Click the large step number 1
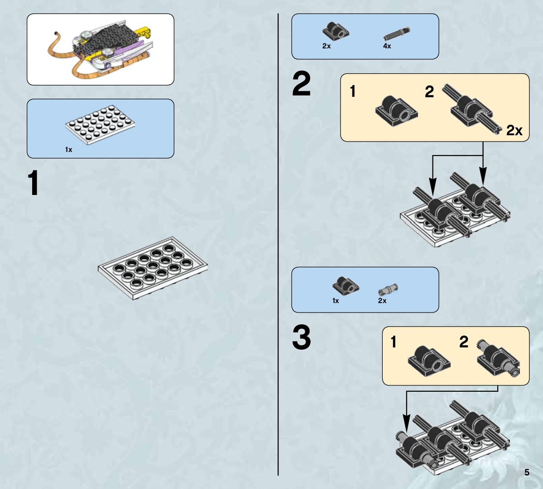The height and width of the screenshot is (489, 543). click(x=33, y=183)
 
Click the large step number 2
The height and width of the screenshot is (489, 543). click(x=301, y=84)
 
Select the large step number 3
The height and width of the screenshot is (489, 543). click(x=301, y=337)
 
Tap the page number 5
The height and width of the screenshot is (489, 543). click(x=527, y=472)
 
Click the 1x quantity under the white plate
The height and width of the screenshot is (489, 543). click(x=68, y=149)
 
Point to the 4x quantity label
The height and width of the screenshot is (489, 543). click(x=387, y=46)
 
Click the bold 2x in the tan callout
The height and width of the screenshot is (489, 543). click(x=514, y=130)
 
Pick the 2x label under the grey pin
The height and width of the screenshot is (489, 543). click(x=382, y=300)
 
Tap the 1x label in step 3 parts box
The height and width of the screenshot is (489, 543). click(x=335, y=300)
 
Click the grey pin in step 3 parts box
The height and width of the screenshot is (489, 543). click(x=388, y=289)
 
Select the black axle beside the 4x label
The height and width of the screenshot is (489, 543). click(x=397, y=34)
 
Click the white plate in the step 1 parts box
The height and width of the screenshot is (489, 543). click(x=100, y=124)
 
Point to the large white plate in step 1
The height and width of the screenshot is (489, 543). click(x=153, y=268)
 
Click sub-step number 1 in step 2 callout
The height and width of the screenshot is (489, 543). click(x=352, y=92)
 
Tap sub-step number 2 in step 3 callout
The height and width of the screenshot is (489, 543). click(x=464, y=342)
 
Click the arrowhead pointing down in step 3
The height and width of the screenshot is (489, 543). click(x=406, y=423)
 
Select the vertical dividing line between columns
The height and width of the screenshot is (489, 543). click(x=278, y=244)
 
